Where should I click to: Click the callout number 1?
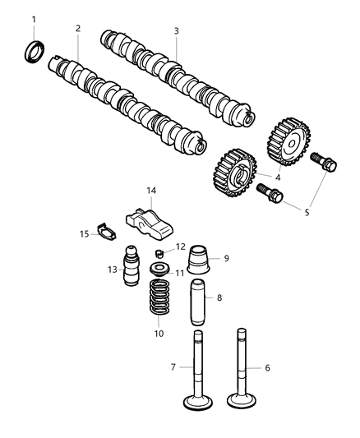[x=34, y=18]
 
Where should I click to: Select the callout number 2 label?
[x=77, y=28]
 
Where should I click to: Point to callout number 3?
[x=176, y=30]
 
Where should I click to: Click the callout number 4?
[x=278, y=176]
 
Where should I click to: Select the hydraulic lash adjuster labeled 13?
[x=132, y=265]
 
